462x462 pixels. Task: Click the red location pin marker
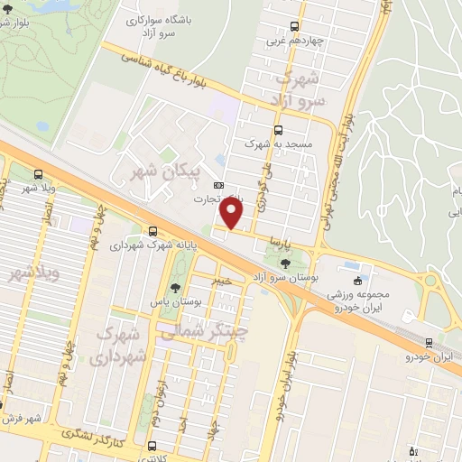pos(232,215)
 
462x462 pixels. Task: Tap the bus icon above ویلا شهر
pos(37,175)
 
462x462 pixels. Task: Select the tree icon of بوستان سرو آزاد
pos(286,263)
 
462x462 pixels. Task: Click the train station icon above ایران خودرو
pos(428,342)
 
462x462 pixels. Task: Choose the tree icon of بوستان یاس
pos(175,288)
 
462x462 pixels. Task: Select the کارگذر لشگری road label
pos(94,437)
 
